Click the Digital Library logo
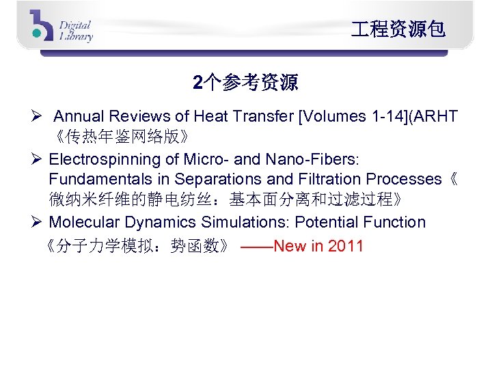coord(61,27)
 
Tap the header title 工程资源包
coord(398,29)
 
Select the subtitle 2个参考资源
coord(245,83)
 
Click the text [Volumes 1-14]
coord(342,116)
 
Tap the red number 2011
coord(346,246)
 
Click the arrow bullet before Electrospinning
coord(38,160)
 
